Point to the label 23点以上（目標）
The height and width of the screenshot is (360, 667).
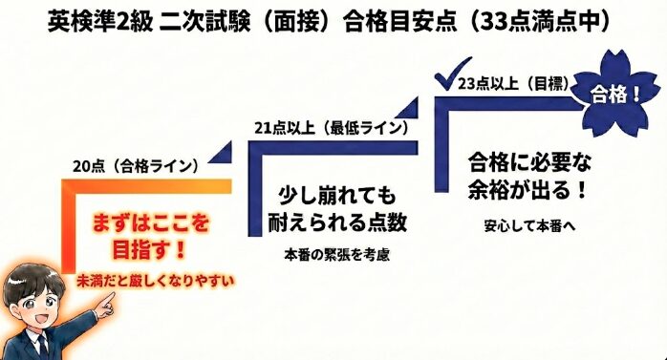[514, 85]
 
